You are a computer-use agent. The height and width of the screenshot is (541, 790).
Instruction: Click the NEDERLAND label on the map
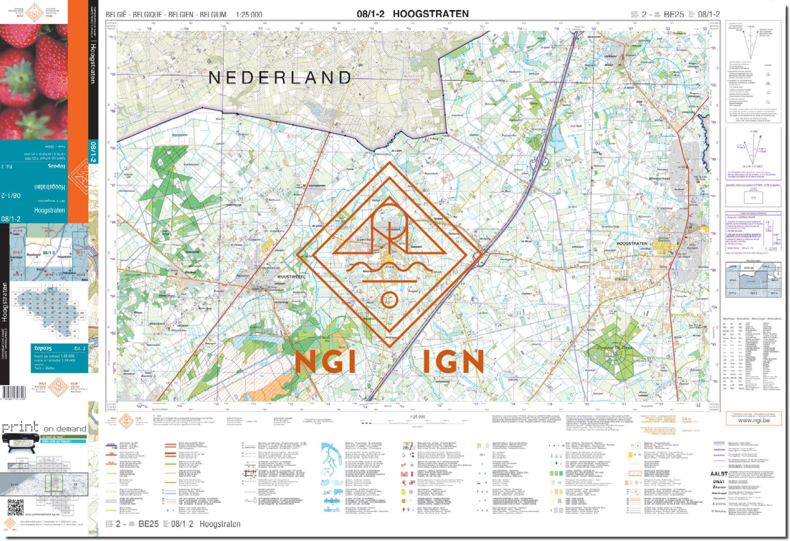(x=280, y=78)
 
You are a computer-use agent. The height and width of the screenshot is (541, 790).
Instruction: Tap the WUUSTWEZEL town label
(x=291, y=276)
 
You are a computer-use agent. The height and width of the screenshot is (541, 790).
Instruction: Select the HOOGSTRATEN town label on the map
(x=631, y=244)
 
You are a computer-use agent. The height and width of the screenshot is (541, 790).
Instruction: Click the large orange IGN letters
(x=453, y=362)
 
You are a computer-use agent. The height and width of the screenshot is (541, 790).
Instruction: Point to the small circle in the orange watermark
(x=389, y=300)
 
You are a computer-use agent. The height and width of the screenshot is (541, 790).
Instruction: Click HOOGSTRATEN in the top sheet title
(x=430, y=14)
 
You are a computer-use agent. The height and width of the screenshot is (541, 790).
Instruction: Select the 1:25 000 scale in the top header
(x=249, y=15)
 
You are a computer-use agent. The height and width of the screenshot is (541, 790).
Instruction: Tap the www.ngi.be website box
(x=753, y=420)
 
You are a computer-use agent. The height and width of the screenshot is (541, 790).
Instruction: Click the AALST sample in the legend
(x=718, y=474)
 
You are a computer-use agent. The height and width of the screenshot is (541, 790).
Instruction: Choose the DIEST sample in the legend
(x=718, y=481)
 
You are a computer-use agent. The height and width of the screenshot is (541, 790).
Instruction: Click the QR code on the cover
(x=15, y=507)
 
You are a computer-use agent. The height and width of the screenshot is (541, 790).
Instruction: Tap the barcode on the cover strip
(x=13, y=392)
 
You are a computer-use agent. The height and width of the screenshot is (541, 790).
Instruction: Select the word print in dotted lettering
(x=20, y=427)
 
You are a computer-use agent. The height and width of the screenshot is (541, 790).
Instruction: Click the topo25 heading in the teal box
(x=43, y=348)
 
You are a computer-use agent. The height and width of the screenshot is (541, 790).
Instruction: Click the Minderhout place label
(x=659, y=178)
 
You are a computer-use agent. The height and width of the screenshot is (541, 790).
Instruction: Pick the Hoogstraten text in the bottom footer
(x=220, y=524)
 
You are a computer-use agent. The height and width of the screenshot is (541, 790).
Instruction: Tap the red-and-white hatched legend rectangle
(x=635, y=473)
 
